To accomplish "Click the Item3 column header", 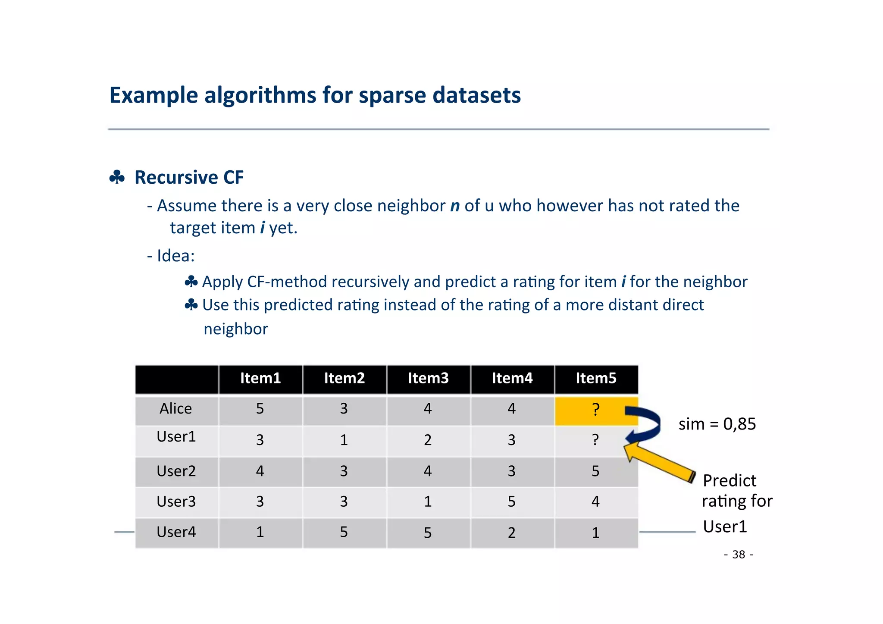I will pos(428,378).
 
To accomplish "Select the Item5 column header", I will pos(596,378).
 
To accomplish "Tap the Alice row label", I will pos(176,408).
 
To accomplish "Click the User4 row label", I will pos(176,532).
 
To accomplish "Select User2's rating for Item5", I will pos(595,471).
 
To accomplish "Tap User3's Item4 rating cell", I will pos(511,502).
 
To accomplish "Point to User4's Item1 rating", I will pos(260,532).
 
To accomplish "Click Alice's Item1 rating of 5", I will pos(260,408).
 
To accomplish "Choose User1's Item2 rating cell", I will pos(344,440).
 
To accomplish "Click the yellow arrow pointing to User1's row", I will pos(660,464).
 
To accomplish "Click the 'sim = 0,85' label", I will pos(717,424).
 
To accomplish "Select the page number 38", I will pos(739,554).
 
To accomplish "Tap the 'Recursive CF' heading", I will pos(189,177).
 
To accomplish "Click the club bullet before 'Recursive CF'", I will pos(117,177).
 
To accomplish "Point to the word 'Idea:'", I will pos(175,256).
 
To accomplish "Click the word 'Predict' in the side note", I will pos(730,480).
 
